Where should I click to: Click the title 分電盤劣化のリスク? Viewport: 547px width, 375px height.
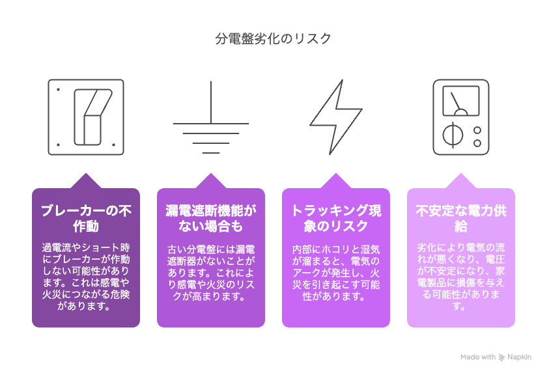click(x=273, y=38)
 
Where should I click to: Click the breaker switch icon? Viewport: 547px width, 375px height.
click(x=86, y=117)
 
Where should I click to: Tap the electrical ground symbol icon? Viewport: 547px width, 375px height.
click(x=211, y=117)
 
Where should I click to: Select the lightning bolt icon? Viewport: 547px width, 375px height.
click(x=336, y=117)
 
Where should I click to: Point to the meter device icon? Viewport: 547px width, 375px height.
click(x=461, y=117)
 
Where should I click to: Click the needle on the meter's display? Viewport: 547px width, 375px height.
click(x=455, y=104)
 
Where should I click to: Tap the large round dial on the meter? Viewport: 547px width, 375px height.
click(x=453, y=135)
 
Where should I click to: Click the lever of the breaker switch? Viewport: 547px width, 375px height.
click(x=92, y=117)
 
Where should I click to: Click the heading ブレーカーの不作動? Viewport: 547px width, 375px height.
click(x=86, y=218)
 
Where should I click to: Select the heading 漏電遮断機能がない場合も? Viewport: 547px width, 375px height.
click(x=211, y=218)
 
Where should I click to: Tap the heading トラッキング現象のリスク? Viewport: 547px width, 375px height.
click(x=336, y=218)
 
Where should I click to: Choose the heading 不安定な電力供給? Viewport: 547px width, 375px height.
click(x=461, y=218)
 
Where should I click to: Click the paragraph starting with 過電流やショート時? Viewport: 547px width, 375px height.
click(x=86, y=277)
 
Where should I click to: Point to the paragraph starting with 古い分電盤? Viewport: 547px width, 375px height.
click(x=211, y=273)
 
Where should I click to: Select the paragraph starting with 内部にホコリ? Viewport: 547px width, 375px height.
click(x=336, y=273)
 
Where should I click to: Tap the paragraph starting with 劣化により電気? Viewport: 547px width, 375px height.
click(x=461, y=277)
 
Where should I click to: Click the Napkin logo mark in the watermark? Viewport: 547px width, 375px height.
click(x=501, y=357)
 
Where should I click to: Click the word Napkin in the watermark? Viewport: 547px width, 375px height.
click(x=519, y=357)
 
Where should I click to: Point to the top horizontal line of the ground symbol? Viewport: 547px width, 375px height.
click(x=211, y=124)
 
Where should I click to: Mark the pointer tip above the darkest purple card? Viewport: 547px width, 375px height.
click(x=86, y=173)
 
